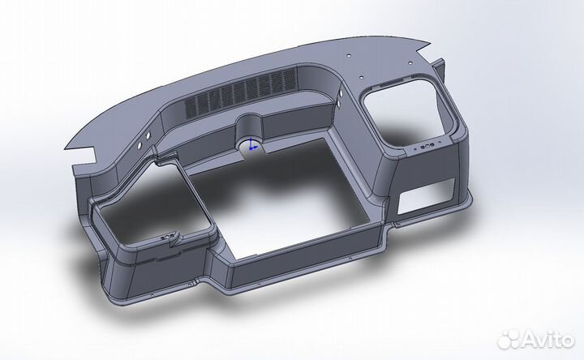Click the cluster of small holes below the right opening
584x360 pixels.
[x=425, y=148]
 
